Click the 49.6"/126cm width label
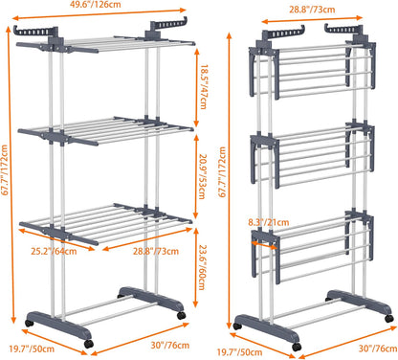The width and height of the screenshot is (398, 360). pos(102,8)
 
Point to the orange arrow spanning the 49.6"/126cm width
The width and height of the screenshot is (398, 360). pos(102,19)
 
